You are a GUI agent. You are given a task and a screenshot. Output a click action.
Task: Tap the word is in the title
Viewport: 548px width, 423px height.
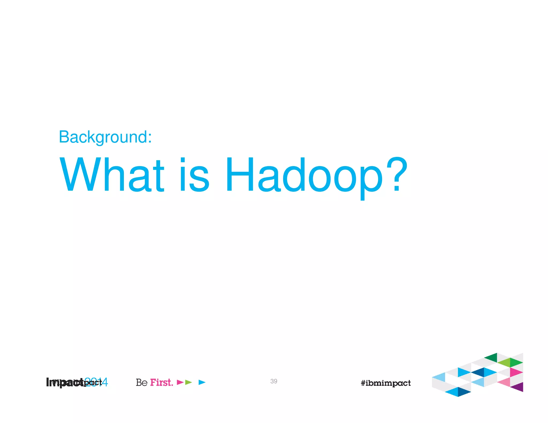click(x=194, y=175)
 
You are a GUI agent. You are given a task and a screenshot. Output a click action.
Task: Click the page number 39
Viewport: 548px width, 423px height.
click(x=273, y=381)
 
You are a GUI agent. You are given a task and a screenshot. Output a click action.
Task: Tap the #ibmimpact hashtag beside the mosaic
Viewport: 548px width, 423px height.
click(x=385, y=383)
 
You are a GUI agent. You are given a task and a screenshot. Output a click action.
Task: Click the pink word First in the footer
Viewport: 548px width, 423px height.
click(x=161, y=382)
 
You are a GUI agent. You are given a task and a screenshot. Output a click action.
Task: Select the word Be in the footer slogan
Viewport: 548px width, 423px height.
click(x=142, y=382)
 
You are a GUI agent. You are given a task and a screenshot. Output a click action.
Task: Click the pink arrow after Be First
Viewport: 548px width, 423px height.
click(x=180, y=382)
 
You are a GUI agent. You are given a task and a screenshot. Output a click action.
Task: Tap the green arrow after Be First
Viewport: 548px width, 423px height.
click(x=188, y=382)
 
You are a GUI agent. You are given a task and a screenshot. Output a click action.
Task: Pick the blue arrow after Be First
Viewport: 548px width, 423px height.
click(x=202, y=382)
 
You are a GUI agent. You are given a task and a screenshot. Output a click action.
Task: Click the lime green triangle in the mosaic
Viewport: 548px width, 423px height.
click(x=505, y=363)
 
